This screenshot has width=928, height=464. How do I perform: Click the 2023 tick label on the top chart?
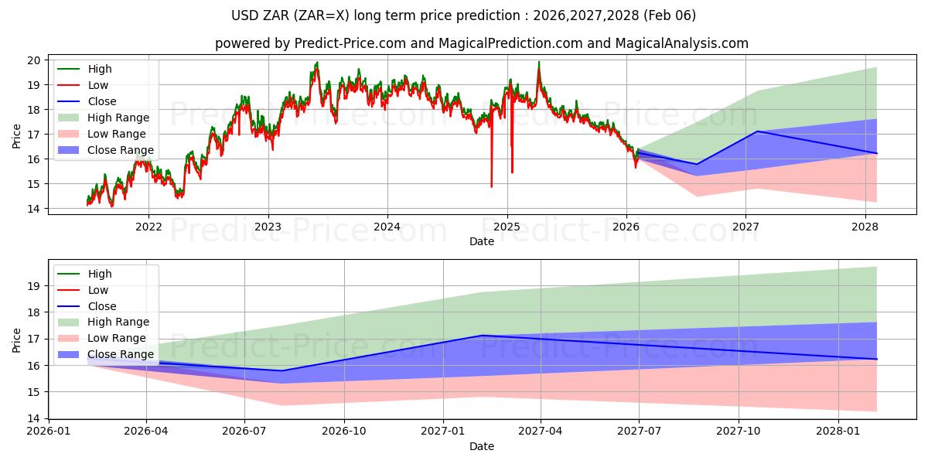coord(268,227)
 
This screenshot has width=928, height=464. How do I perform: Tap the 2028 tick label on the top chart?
coord(865,227)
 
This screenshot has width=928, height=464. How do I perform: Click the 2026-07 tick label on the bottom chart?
coord(244,431)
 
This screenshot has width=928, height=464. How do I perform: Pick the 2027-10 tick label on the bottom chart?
coord(739,431)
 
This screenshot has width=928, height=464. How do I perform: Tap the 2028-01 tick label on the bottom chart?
coord(838,431)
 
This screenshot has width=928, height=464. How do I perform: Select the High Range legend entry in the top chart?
coord(118,118)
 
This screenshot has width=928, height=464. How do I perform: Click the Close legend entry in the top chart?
coord(102,101)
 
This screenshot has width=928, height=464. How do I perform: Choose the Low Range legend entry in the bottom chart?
coord(116,338)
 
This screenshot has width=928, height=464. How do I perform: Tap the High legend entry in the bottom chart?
coord(100,274)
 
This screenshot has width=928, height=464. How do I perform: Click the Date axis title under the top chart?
coord(481,241)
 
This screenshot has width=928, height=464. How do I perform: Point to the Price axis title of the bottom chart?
coord(17,339)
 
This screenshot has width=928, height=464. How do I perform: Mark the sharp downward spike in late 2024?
coord(491,184)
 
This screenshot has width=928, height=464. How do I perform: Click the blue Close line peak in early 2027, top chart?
coord(757,131)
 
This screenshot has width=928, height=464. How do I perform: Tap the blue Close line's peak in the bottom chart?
coord(482,336)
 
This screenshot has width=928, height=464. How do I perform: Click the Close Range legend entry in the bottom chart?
coord(121,354)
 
